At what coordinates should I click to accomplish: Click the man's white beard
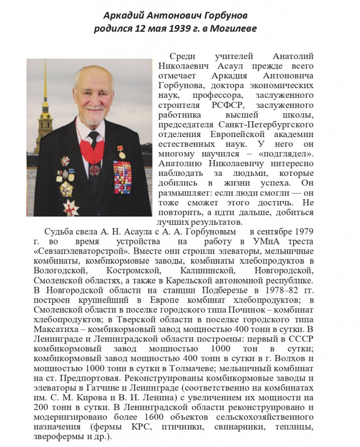click(x=91, y=116)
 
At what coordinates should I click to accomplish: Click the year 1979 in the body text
click(x=304, y=231)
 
